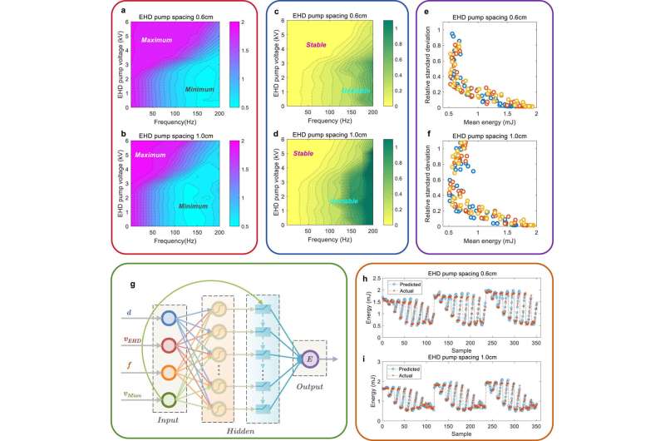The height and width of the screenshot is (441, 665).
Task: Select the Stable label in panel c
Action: pyautogui.click(x=318, y=46)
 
